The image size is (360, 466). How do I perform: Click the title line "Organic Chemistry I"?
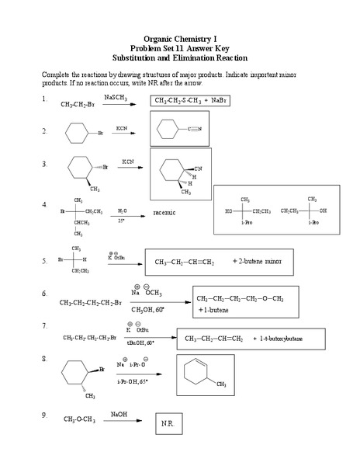click(179, 38)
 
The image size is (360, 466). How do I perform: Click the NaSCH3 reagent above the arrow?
click(118, 92)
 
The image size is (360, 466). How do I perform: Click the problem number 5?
click(45, 262)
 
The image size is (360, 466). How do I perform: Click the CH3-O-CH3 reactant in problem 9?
click(80, 420)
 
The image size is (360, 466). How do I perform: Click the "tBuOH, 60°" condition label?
click(140, 343)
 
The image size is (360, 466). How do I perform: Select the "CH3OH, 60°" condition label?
click(147, 309)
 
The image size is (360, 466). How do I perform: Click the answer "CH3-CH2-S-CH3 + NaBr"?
click(192, 101)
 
